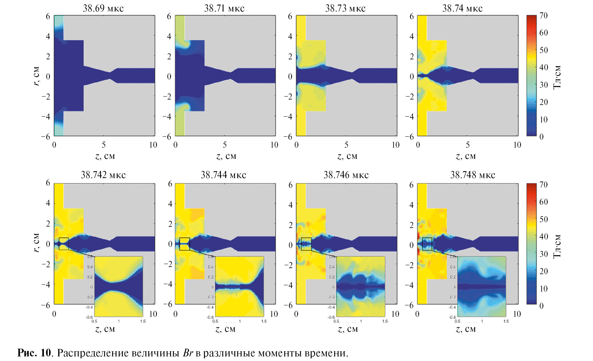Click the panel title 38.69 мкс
coord(103,8)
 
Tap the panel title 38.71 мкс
coord(224,8)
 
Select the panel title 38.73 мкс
coord(345,8)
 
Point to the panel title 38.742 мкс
coord(103,175)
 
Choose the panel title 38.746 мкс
coord(346,175)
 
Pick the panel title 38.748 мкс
coord(473,175)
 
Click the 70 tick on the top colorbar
coord(543,15)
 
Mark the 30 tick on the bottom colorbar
coord(543,254)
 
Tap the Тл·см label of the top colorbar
coord(557,77)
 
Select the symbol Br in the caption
coord(188,353)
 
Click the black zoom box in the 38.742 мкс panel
coord(64,244)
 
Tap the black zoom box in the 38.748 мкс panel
coord(427,244)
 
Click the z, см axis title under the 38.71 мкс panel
coord(226,156)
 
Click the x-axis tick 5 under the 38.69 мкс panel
coord(104,145)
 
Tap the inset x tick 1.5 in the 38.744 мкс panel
coord(264,321)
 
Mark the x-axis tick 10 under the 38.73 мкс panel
coord(396,145)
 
